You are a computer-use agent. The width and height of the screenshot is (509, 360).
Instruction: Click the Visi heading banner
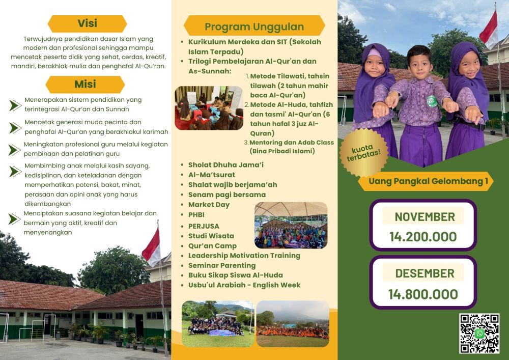tap(88, 24)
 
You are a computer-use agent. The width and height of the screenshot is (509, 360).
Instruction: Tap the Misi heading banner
tap(85, 85)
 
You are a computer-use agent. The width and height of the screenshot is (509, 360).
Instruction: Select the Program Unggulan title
tap(254, 26)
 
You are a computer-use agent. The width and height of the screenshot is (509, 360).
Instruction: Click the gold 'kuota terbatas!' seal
tap(363, 153)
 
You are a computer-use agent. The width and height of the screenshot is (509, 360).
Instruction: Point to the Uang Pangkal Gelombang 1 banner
tap(426, 181)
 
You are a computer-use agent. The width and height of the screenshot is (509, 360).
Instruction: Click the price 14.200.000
tap(423, 237)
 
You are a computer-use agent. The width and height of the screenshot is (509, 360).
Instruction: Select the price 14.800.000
tap(423, 294)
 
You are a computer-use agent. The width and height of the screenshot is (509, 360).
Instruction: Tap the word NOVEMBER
tap(425, 217)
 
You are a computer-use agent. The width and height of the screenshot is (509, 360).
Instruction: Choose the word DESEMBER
tap(425, 273)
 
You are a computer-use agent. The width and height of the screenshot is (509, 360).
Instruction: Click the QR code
tap(479, 334)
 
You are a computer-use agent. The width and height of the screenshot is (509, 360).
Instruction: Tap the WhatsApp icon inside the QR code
tap(479, 334)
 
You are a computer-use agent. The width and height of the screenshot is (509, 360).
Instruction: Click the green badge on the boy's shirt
tap(432, 101)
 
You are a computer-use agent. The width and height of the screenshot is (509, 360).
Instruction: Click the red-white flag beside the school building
tap(151, 247)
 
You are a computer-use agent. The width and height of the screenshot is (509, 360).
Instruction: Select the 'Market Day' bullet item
tap(209, 205)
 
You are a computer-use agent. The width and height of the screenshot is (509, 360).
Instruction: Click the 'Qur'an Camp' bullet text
tap(212, 246)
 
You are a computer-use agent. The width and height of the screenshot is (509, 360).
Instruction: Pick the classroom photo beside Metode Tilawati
tap(209, 108)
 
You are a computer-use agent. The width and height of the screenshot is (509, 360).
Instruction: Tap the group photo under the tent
tap(291, 225)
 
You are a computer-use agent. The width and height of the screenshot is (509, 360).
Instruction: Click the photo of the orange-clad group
tap(293, 324)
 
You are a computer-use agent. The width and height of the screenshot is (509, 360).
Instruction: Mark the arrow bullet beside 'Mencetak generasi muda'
tap(15, 128)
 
